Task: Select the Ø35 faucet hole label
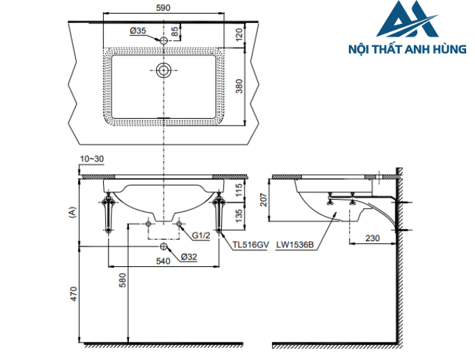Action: tap(138, 31)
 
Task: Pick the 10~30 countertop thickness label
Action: tap(91, 158)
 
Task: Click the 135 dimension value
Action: tap(238, 215)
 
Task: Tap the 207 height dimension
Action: tap(263, 200)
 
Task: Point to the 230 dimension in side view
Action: tap(372, 238)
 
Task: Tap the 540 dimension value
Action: tap(163, 261)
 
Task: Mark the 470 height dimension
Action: tap(74, 293)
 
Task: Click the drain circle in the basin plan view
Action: tap(163, 70)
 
